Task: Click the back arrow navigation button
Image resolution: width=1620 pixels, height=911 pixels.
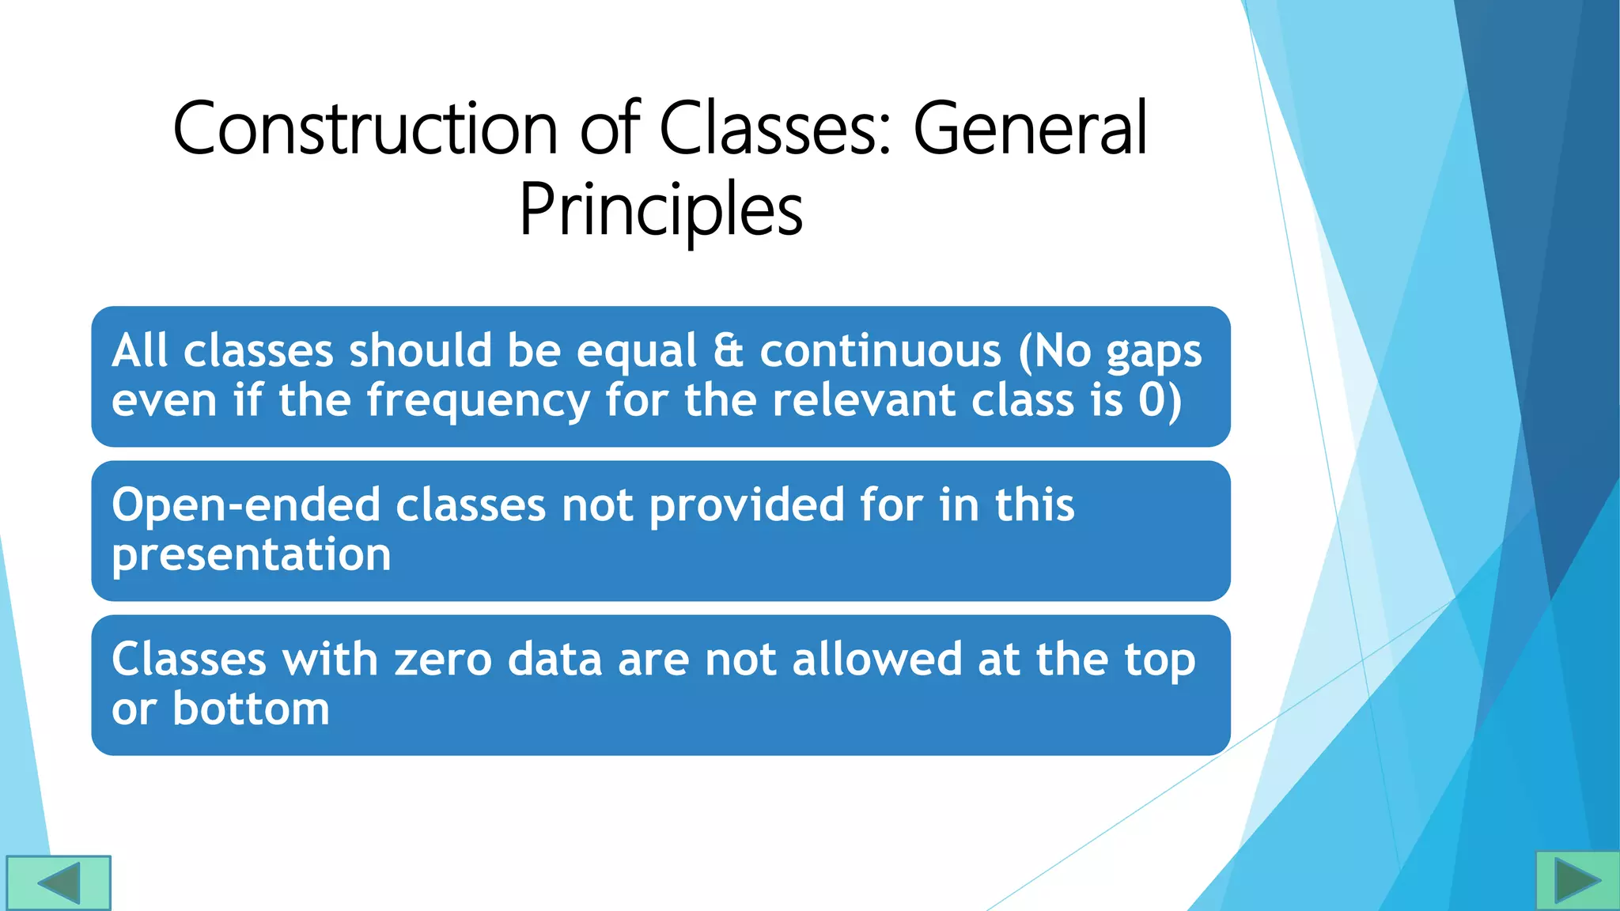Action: [58, 883]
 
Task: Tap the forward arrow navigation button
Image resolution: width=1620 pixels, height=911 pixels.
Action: [1577, 880]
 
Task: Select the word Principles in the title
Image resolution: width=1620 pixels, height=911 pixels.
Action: [660, 210]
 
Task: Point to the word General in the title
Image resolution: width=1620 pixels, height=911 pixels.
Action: [1030, 128]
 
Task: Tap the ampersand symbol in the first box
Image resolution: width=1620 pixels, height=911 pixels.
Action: [729, 351]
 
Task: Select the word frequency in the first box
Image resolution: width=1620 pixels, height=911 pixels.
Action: [479, 401]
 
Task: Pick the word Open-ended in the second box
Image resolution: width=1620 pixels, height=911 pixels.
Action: [246, 505]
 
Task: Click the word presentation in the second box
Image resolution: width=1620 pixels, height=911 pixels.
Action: [252, 556]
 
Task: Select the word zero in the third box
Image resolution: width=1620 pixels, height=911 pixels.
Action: [443, 660]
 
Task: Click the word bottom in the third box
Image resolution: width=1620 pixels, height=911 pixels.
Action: [251, 709]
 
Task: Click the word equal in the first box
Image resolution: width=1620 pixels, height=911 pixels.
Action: [637, 351]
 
